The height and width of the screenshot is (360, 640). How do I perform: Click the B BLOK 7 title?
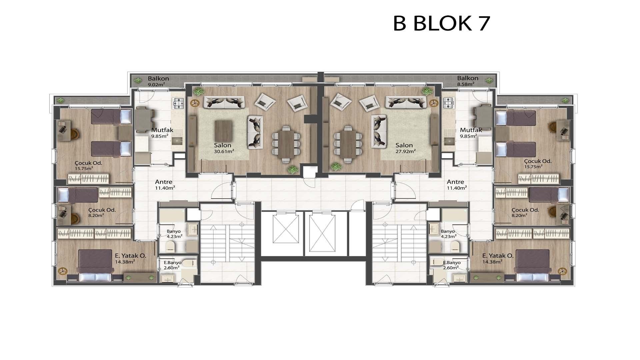point(442,23)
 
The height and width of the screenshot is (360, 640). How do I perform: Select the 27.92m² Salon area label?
point(405,148)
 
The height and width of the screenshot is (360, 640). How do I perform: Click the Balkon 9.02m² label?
point(158,81)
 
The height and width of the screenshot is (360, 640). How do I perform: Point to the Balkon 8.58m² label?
point(467,81)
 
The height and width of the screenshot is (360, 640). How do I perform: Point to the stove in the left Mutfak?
point(178,104)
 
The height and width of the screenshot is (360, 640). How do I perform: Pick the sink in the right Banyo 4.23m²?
point(434,230)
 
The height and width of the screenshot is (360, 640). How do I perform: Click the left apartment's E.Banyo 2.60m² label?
point(172,265)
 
